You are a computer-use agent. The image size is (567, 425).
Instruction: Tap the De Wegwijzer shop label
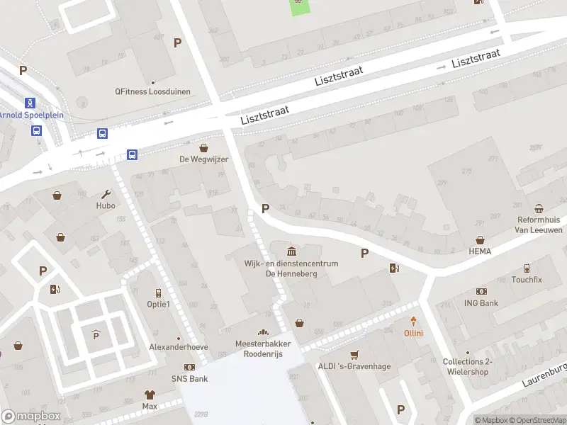click(203, 159)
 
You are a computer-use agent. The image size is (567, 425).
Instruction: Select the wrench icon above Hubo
click(106, 194)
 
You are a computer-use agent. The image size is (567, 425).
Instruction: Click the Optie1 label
click(158, 304)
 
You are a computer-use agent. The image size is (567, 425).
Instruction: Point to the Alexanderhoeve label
click(179, 347)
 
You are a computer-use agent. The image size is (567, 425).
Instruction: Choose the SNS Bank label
click(189, 379)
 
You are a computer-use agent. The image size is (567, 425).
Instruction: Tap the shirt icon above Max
click(150, 395)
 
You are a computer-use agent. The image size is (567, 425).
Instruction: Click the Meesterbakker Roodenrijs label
click(263, 348)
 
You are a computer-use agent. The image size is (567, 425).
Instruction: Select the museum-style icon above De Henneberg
click(291, 251)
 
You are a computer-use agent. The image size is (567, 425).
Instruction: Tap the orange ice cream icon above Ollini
click(413, 322)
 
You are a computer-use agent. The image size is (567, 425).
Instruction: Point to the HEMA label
click(480, 251)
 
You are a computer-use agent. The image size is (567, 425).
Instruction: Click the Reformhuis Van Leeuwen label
click(539, 225)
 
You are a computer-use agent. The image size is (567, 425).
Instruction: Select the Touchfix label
click(527, 280)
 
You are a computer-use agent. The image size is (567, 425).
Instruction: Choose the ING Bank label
click(482, 303)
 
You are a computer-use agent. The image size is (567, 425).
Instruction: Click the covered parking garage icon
click(96, 335)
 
